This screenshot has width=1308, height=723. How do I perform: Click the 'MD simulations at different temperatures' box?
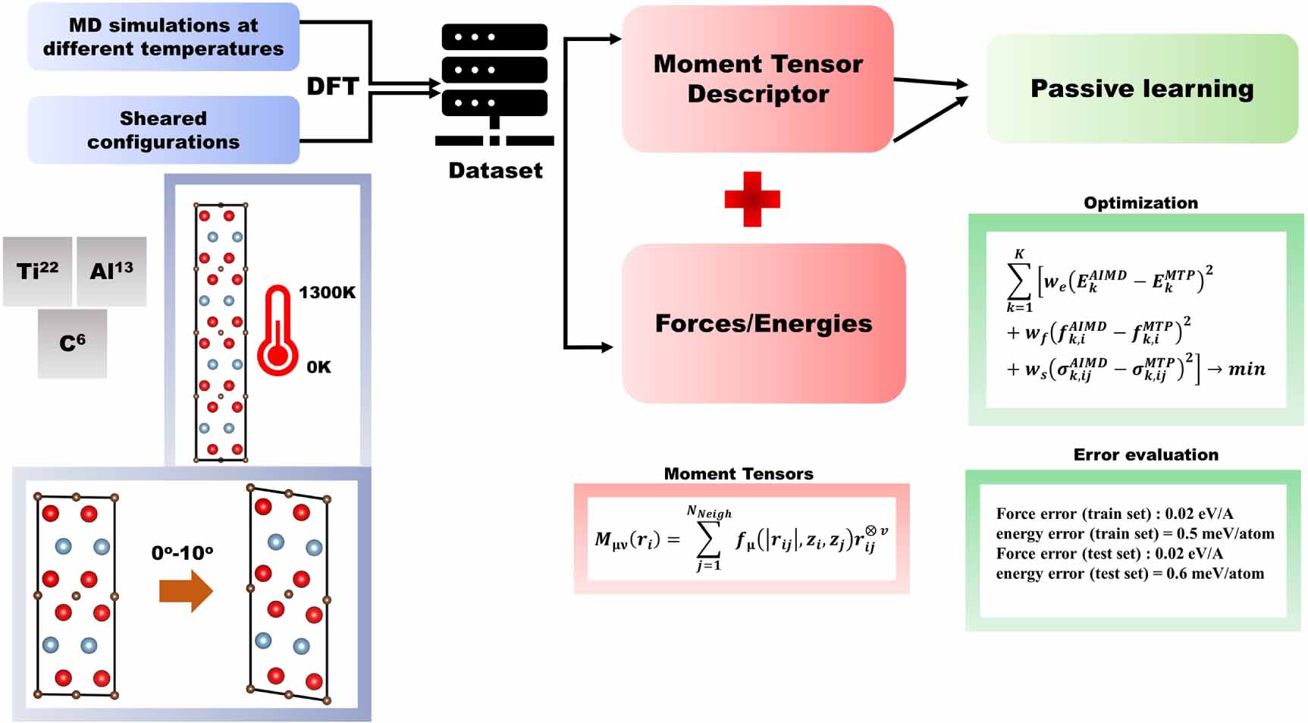(x=164, y=36)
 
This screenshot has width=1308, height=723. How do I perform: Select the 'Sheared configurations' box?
(x=164, y=130)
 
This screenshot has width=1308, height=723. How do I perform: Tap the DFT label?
(x=332, y=86)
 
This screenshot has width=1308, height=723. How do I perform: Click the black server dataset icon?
(x=494, y=84)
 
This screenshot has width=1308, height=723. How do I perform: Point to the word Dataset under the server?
(x=496, y=170)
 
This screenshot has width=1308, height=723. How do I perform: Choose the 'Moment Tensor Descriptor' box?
(x=758, y=79)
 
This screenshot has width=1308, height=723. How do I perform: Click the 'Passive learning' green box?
(x=1142, y=88)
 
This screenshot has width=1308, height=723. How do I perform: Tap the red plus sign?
(x=752, y=199)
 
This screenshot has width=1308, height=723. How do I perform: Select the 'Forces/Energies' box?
(x=764, y=323)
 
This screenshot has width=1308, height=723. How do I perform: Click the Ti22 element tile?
(x=38, y=271)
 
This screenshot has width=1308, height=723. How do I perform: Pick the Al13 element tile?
(x=111, y=271)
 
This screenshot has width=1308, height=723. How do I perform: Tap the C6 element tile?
(x=72, y=343)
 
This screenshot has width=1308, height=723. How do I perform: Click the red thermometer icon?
(x=277, y=331)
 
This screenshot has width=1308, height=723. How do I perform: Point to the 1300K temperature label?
(x=327, y=292)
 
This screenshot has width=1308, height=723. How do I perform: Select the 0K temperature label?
(x=318, y=367)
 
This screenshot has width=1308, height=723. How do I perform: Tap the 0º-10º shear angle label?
(x=182, y=553)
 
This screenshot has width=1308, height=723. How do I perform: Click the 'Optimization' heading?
(x=1140, y=203)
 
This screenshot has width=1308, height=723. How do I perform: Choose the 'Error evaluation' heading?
(x=1146, y=454)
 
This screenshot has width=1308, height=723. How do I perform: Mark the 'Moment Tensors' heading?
(x=739, y=473)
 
